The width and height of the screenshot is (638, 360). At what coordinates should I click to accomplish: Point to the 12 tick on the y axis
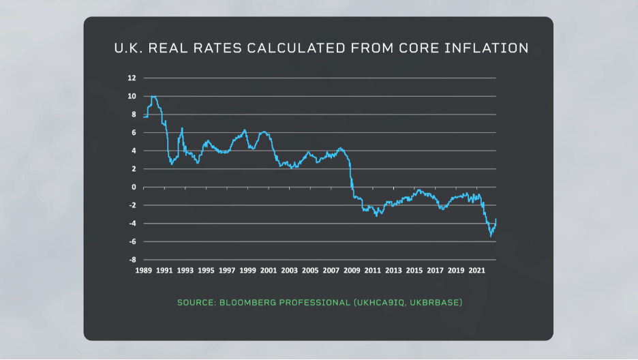click(x=132, y=78)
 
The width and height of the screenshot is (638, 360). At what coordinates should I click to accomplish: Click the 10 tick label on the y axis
click(x=132, y=96)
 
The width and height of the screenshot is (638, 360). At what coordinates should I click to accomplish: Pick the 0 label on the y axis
click(x=134, y=187)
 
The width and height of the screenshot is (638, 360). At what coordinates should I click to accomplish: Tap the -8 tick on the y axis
click(x=132, y=260)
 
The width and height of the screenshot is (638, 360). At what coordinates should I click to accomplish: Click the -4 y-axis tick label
click(x=132, y=224)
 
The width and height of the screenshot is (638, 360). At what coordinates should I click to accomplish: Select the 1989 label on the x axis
click(x=143, y=271)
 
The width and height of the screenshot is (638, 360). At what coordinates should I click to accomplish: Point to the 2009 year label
click(x=352, y=271)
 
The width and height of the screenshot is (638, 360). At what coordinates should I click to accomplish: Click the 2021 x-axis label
click(x=476, y=271)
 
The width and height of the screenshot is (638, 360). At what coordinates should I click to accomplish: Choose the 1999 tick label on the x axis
click(x=247, y=271)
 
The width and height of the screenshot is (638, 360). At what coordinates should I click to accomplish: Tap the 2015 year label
click(x=414, y=271)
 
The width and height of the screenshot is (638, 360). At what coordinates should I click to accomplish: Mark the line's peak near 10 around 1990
click(x=154, y=97)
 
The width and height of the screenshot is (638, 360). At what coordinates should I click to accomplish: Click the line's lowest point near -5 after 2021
click(x=490, y=236)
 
